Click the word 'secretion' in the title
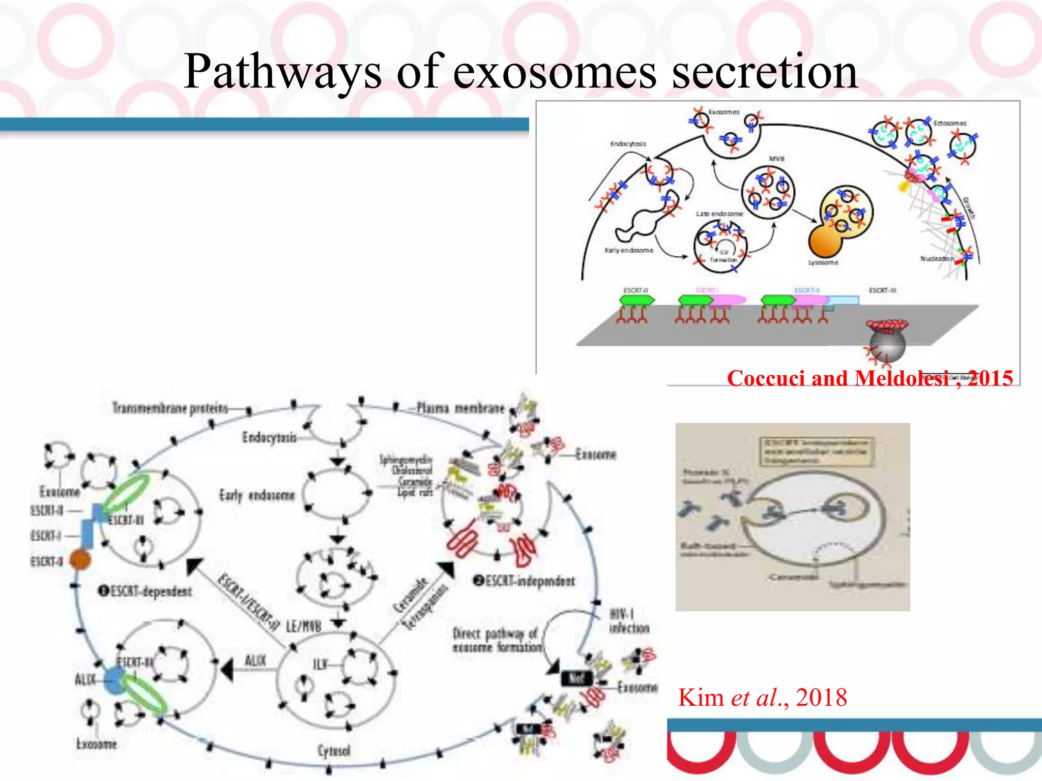(x=764, y=72)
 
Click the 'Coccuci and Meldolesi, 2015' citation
(x=870, y=378)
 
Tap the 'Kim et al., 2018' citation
(x=762, y=697)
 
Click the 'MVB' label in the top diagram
(x=776, y=159)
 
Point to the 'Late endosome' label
(x=719, y=214)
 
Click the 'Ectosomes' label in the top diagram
(x=949, y=123)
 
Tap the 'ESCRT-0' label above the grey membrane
(x=635, y=290)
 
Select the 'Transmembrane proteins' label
(x=170, y=408)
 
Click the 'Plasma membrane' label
(x=460, y=408)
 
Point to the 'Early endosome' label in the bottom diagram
(x=257, y=495)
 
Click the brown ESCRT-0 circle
(x=80, y=560)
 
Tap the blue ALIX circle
(x=115, y=681)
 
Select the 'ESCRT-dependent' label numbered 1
(x=146, y=591)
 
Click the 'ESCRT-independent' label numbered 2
(x=525, y=581)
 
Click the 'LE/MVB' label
(x=303, y=627)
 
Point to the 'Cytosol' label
(x=334, y=750)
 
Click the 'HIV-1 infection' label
(x=629, y=621)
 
